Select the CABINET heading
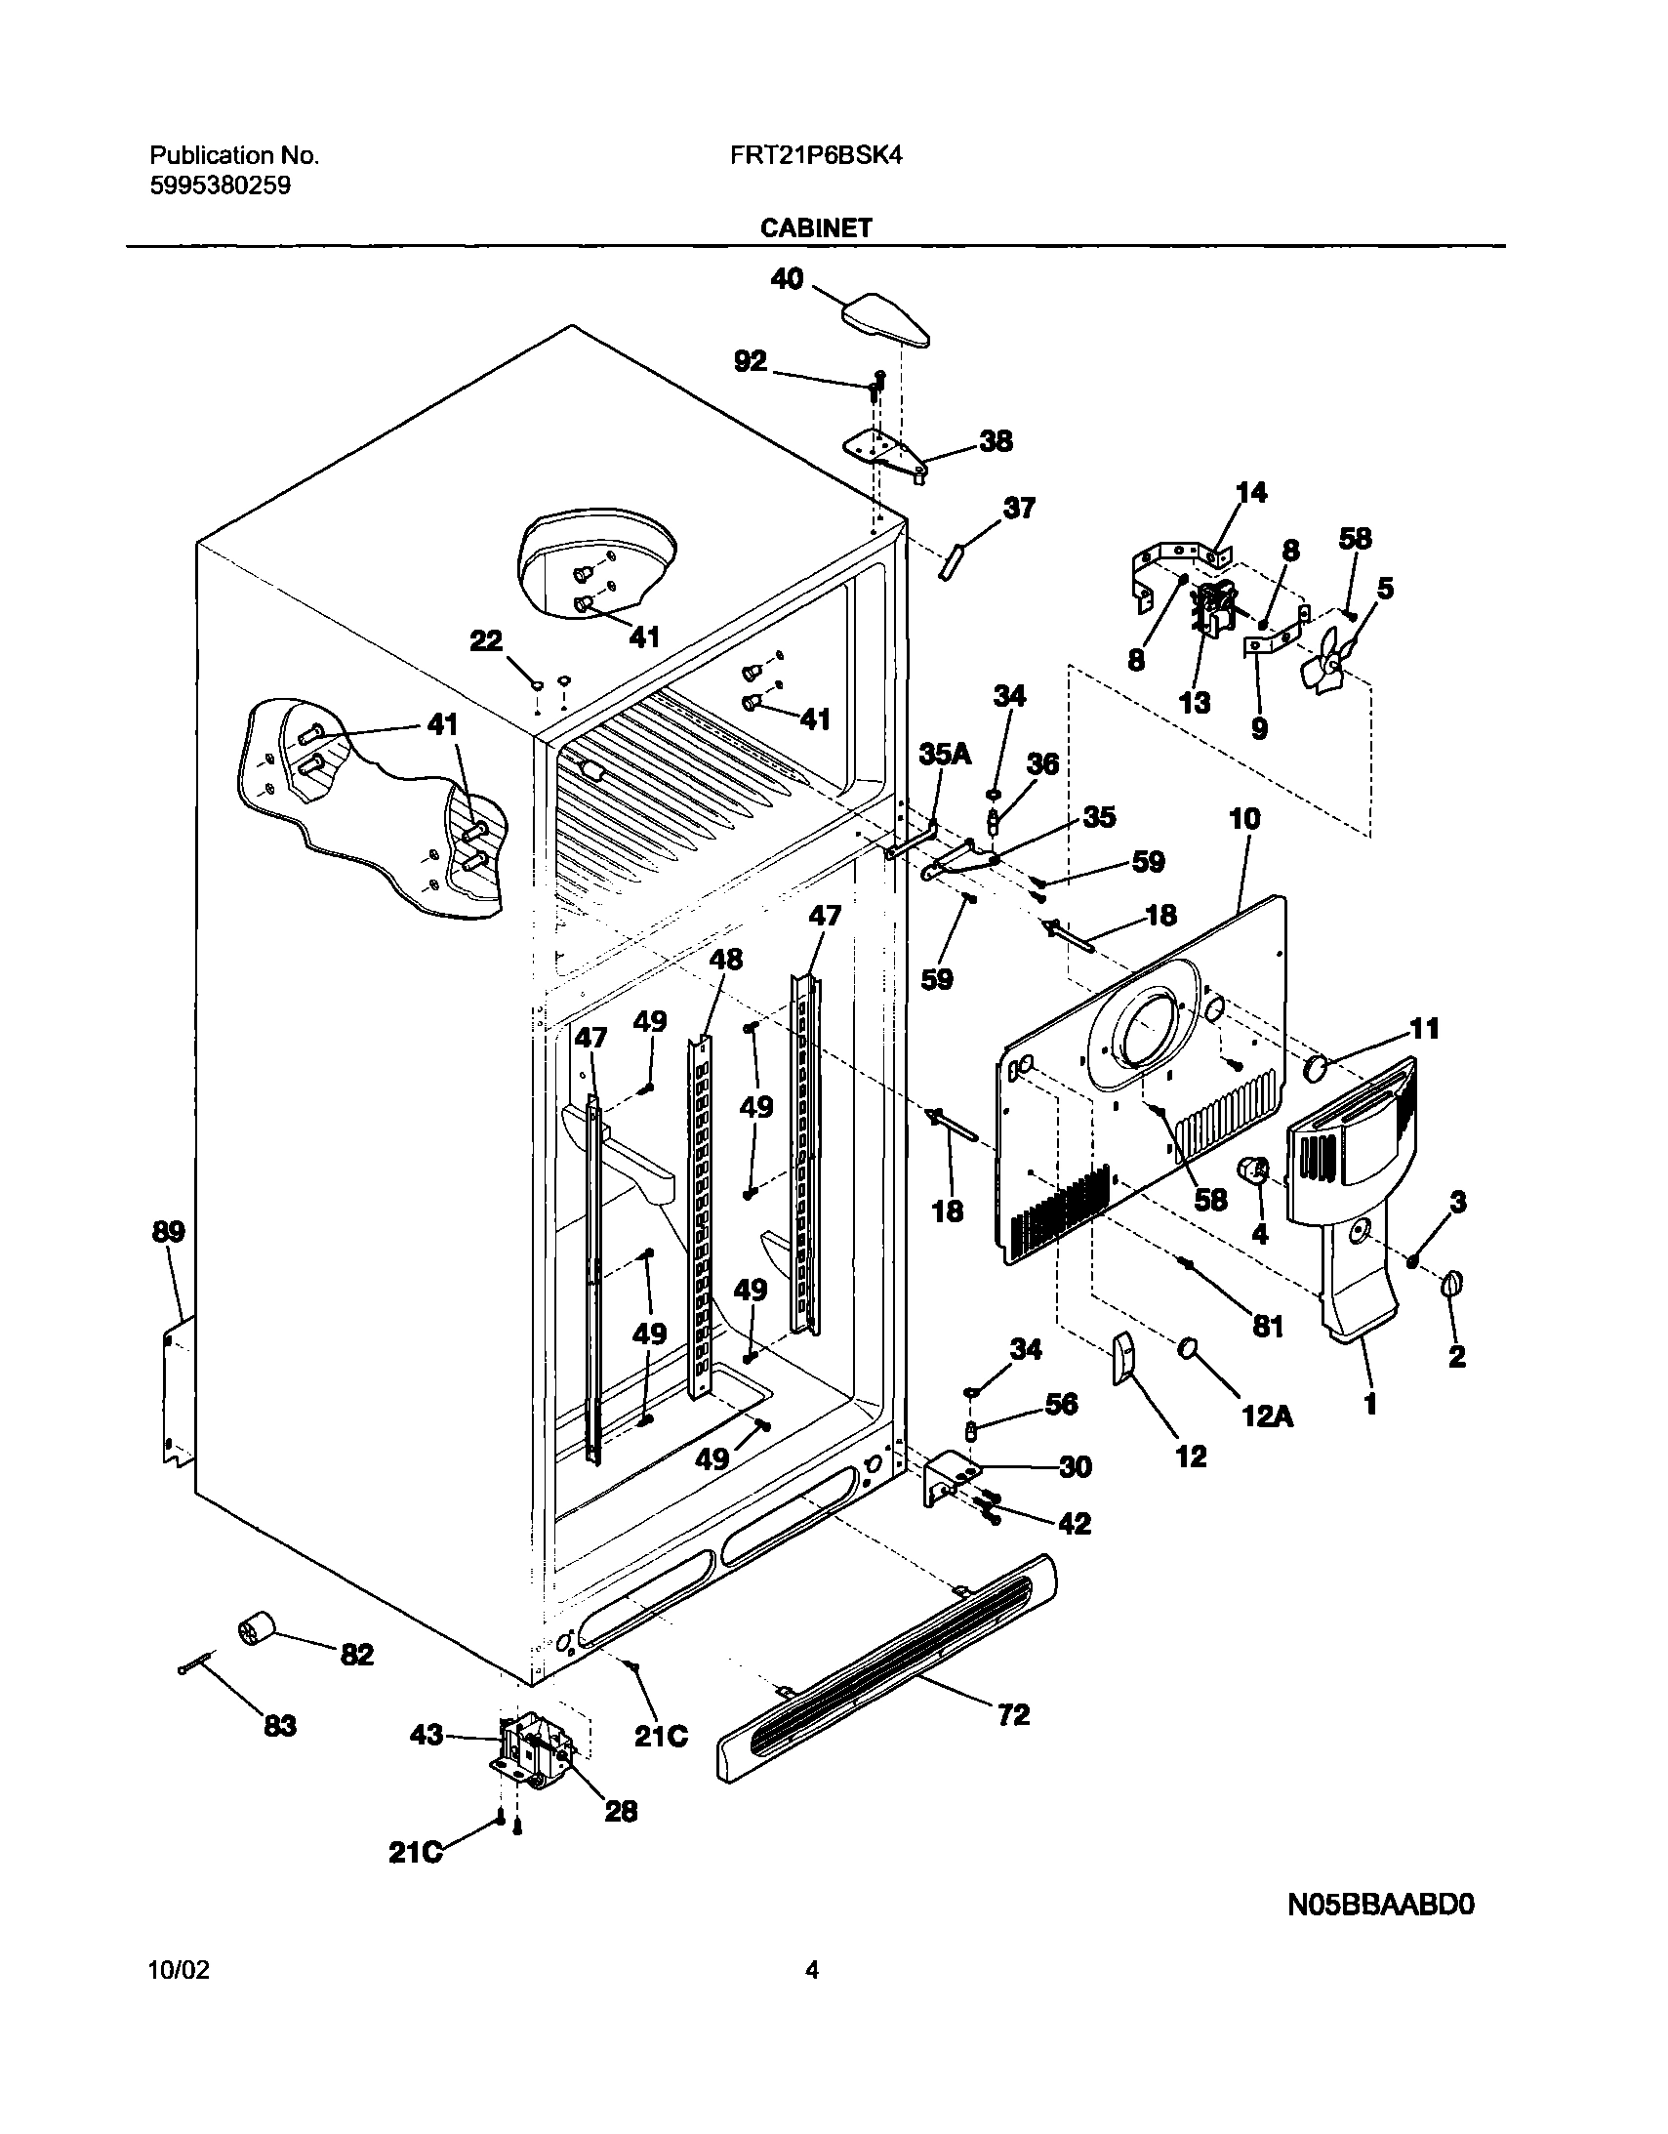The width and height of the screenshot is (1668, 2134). point(816,227)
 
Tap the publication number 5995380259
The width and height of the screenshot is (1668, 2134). point(220,185)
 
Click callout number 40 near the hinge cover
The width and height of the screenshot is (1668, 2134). point(787,279)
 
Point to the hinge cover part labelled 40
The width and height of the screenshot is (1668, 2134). point(884,323)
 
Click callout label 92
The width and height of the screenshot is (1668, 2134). point(751,361)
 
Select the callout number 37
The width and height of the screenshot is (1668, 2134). point(1019,508)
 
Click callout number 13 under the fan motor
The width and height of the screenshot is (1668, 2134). point(1195,703)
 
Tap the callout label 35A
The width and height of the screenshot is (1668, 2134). point(945,754)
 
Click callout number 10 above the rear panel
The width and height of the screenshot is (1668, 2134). point(1243,819)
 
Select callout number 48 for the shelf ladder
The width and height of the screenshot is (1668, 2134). point(725,960)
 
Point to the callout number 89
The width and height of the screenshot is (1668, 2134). point(168,1232)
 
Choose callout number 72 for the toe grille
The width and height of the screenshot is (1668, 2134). point(1013,1715)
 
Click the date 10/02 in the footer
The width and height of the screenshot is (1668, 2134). point(179,1997)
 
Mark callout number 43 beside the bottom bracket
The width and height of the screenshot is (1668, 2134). point(427,1736)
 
